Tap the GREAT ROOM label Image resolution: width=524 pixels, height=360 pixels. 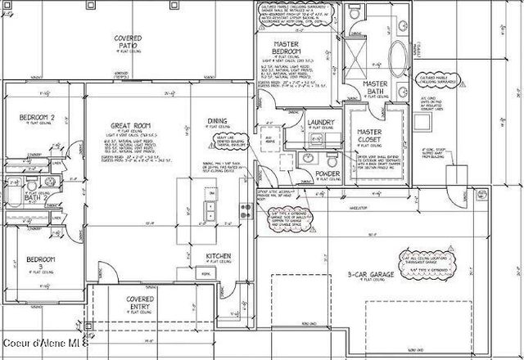tap(129, 125)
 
